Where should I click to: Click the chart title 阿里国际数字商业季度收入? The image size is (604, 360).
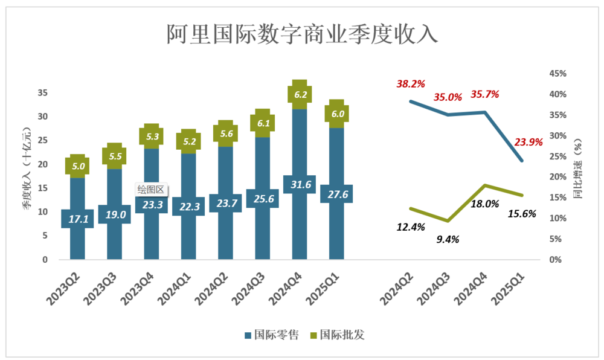tap(301, 34)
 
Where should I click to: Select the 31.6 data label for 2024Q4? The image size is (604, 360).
tap(300, 184)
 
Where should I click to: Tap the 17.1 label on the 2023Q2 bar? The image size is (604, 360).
tap(78, 219)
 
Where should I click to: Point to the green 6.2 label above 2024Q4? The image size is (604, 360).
tap(301, 94)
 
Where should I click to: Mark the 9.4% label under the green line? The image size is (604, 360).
tap(447, 239)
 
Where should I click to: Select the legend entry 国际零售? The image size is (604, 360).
tap(271, 334)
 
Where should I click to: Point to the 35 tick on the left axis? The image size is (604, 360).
tap(42, 93)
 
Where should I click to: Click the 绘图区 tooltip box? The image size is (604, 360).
tap(151, 189)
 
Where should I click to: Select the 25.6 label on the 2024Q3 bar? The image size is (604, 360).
tap(263, 199)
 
